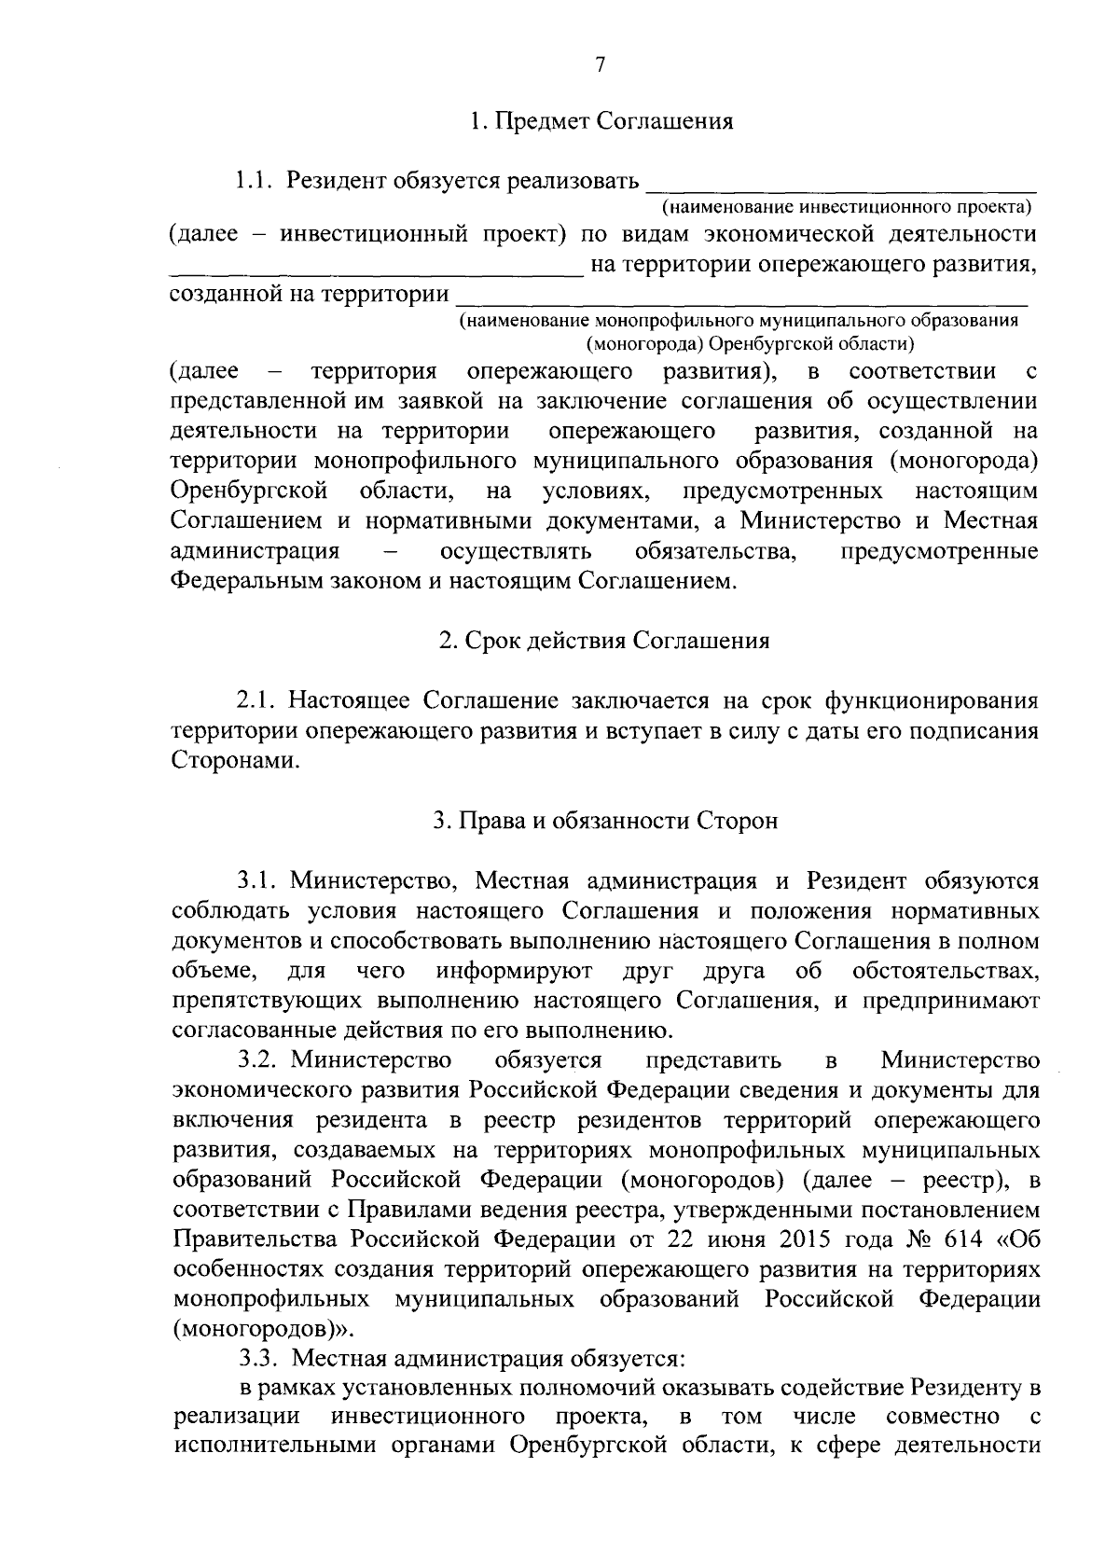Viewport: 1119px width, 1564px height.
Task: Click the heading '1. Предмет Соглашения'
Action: [x=601, y=121]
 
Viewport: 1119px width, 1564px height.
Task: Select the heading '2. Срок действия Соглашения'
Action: [x=604, y=641]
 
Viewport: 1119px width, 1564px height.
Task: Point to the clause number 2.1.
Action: [x=257, y=699]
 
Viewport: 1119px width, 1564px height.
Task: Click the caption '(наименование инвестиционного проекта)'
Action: [x=845, y=205]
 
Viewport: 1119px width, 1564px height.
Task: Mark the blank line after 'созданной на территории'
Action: [x=740, y=302]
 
